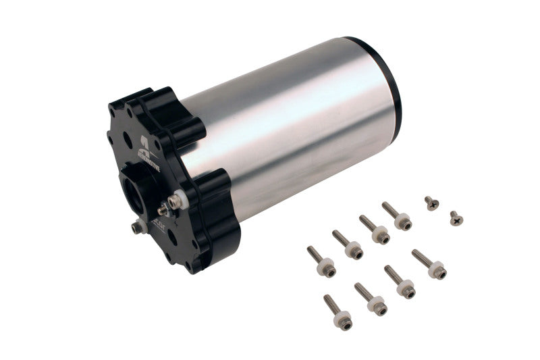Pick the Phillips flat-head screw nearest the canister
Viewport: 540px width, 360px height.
pyautogui.click(x=431, y=202)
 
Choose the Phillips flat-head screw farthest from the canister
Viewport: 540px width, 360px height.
pyautogui.click(x=456, y=217)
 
